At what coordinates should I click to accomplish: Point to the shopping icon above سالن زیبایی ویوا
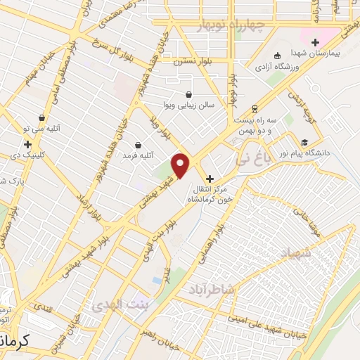click(x=188, y=94)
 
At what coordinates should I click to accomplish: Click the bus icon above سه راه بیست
click(x=254, y=108)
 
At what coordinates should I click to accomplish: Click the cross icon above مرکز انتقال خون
click(x=210, y=179)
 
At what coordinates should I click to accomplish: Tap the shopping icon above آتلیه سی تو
click(x=42, y=118)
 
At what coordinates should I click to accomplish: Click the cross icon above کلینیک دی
click(x=27, y=144)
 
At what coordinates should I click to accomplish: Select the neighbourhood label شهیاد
click(x=295, y=251)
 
